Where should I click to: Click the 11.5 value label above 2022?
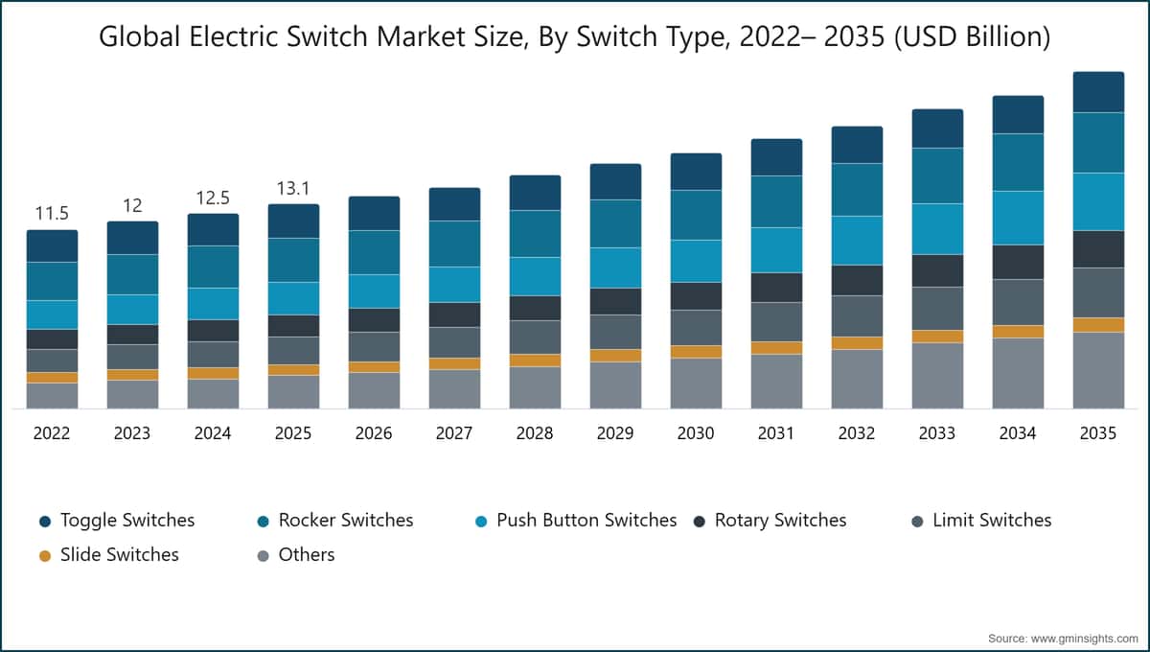point(52,213)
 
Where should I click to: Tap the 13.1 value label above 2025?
point(293,189)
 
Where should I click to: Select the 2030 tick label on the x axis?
point(696,433)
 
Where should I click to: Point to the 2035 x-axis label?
point(1098,433)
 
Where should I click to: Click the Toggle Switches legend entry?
point(117,521)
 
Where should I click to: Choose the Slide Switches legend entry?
point(109,555)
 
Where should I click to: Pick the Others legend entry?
point(296,555)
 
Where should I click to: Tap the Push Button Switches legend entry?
point(576,521)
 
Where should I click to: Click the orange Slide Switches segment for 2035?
point(1098,325)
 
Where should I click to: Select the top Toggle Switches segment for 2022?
point(53,246)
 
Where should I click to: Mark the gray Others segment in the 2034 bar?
point(1018,373)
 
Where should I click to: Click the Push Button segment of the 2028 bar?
point(535,276)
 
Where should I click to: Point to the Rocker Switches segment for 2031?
point(777,201)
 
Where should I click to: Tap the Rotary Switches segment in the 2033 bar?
point(937,270)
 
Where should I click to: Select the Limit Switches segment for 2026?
point(375,347)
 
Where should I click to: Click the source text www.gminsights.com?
point(1084,639)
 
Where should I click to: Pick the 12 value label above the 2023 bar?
point(132,206)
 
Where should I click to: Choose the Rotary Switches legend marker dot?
point(700,522)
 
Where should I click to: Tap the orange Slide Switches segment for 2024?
point(213,374)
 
